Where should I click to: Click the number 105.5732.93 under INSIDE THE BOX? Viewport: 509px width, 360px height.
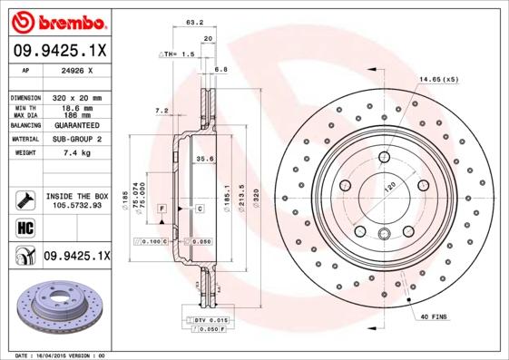76,205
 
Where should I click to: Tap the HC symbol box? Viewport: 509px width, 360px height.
24,227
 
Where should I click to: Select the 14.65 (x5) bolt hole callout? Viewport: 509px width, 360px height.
439,80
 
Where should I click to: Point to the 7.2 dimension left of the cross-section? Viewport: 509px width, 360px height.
162,111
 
